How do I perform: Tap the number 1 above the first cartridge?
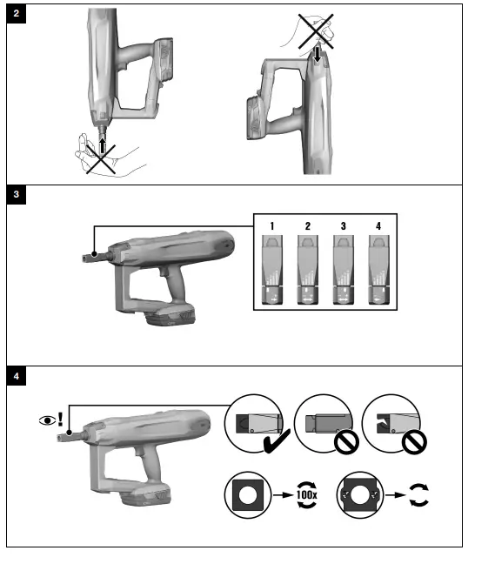272,225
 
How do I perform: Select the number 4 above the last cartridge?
378,225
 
